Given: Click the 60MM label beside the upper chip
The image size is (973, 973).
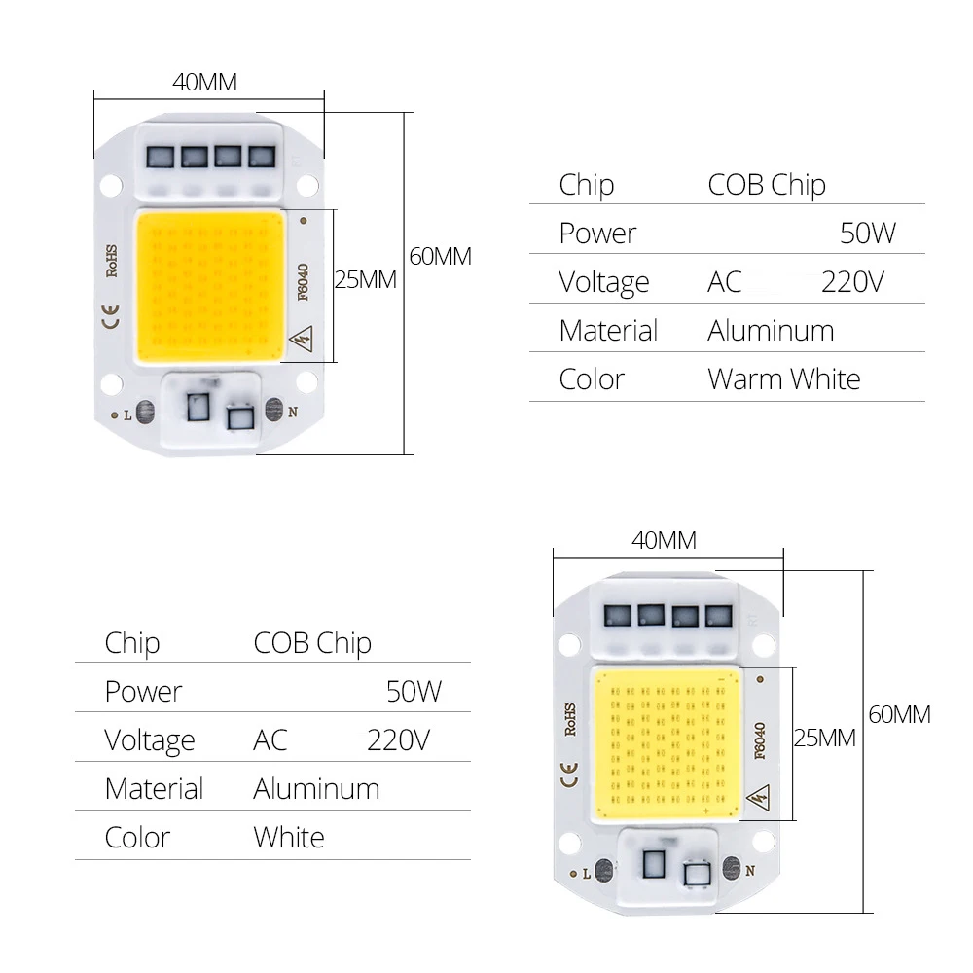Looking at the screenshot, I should (440, 257).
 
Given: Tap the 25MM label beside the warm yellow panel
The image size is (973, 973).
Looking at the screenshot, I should (365, 280).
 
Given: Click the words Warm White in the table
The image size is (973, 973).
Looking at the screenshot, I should (783, 378).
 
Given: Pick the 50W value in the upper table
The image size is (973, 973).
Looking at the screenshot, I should (867, 234).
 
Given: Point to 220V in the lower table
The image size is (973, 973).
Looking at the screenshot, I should (398, 740).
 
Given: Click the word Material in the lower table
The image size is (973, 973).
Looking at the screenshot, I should (154, 789).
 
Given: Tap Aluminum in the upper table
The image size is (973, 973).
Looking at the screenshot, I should (771, 331).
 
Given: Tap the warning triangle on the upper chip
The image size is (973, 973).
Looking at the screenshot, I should (302, 342).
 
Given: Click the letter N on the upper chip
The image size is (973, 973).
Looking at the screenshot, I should (291, 413).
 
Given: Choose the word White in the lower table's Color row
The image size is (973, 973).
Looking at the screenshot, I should (289, 838).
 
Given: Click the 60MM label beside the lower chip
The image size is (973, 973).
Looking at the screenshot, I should (899, 715).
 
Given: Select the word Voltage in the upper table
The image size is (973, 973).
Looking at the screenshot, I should (603, 282).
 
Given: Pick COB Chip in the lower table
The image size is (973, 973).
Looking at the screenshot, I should (312, 643).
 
